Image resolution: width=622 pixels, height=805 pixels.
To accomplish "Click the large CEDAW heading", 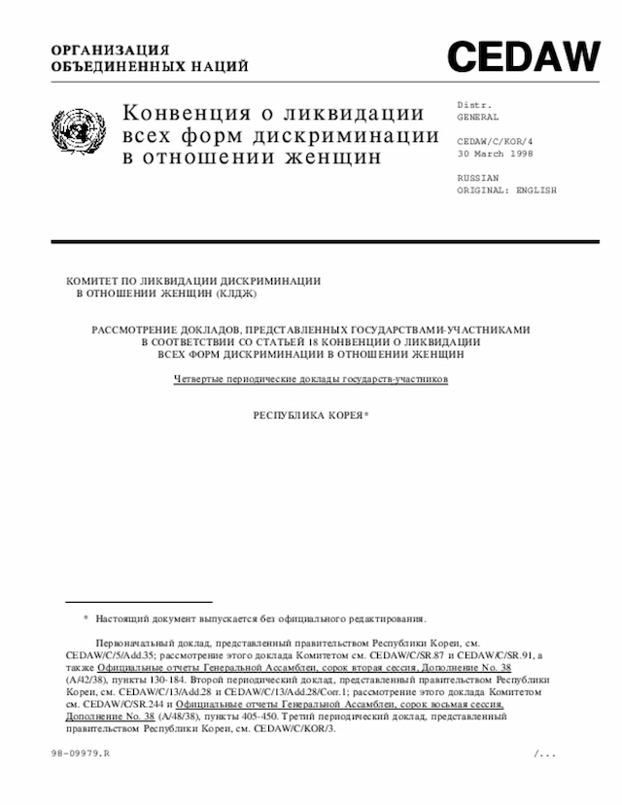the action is (523, 57).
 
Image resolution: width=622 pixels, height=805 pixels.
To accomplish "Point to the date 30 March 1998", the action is (496, 154).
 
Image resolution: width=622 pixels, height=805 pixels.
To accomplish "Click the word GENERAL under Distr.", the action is (477, 117).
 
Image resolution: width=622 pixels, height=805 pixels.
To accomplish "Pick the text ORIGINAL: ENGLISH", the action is (506, 191).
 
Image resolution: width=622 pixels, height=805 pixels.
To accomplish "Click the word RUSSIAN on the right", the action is (477, 178).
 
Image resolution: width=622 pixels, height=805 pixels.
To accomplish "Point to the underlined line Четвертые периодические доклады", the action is (310, 378).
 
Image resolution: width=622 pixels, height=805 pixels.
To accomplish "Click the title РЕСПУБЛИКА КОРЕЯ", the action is (307, 415).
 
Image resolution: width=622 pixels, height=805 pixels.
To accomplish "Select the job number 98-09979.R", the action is (82, 754).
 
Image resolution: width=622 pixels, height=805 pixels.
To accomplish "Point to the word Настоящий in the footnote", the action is (121, 618).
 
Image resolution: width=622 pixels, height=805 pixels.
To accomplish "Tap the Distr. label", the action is (473, 104).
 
